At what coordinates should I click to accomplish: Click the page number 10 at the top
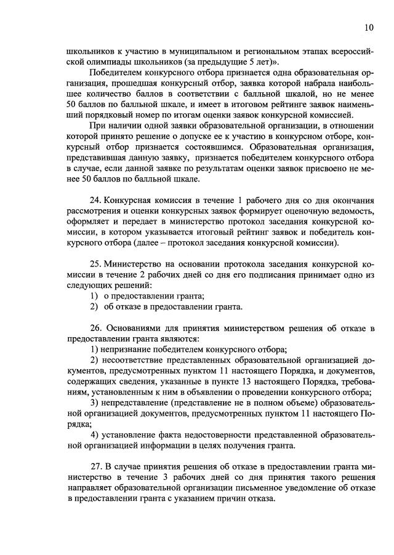point(368,28)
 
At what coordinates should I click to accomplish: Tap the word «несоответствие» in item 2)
point(138,359)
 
